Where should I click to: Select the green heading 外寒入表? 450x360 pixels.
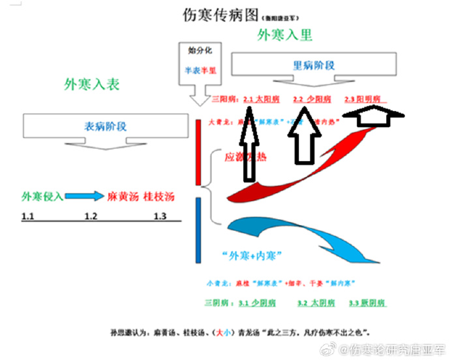(x=92, y=84)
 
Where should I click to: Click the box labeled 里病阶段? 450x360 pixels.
(x=314, y=65)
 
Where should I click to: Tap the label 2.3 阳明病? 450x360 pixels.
(x=365, y=100)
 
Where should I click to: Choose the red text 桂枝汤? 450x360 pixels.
(x=159, y=196)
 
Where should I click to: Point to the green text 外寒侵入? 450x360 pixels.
(x=42, y=196)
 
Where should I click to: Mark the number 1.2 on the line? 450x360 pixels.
(x=92, y=216)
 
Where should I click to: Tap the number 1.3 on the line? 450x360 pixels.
(x=160, y=216)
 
